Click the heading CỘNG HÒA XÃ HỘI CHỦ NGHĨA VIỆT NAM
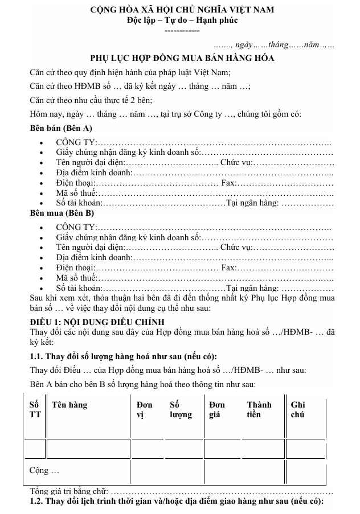182,10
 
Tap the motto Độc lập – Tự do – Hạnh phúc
182,20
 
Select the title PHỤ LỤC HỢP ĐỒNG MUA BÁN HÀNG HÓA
182,58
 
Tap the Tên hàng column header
69,405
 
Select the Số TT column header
34,410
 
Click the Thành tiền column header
259,410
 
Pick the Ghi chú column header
298,410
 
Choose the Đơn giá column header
217,410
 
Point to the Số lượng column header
181,410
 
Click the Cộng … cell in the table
44,471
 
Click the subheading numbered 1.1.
123,357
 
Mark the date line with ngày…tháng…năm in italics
273,44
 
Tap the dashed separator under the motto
182,30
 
